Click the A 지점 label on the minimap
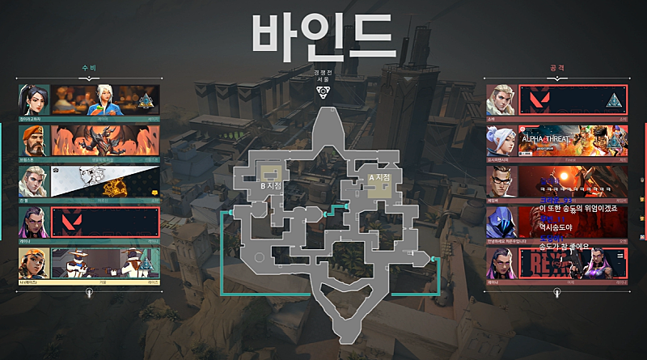click(378, 177)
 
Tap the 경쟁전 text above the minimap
click(323, 72)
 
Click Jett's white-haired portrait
click(501, 141)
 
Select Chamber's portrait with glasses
click(501, 181)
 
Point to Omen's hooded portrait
click(501, 222)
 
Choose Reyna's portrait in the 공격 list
click(501, 264)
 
